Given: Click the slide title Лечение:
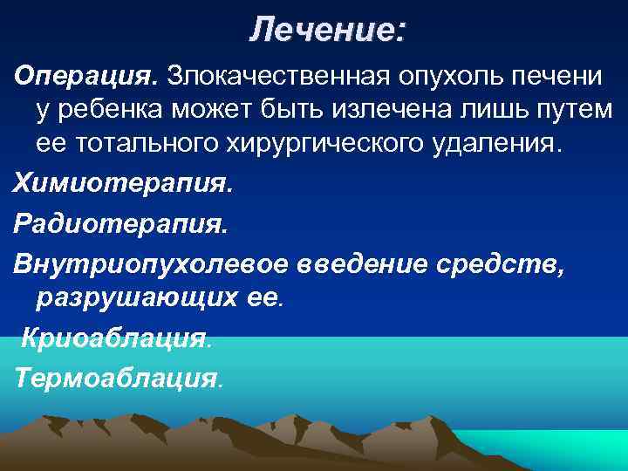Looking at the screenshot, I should pos(327,31).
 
